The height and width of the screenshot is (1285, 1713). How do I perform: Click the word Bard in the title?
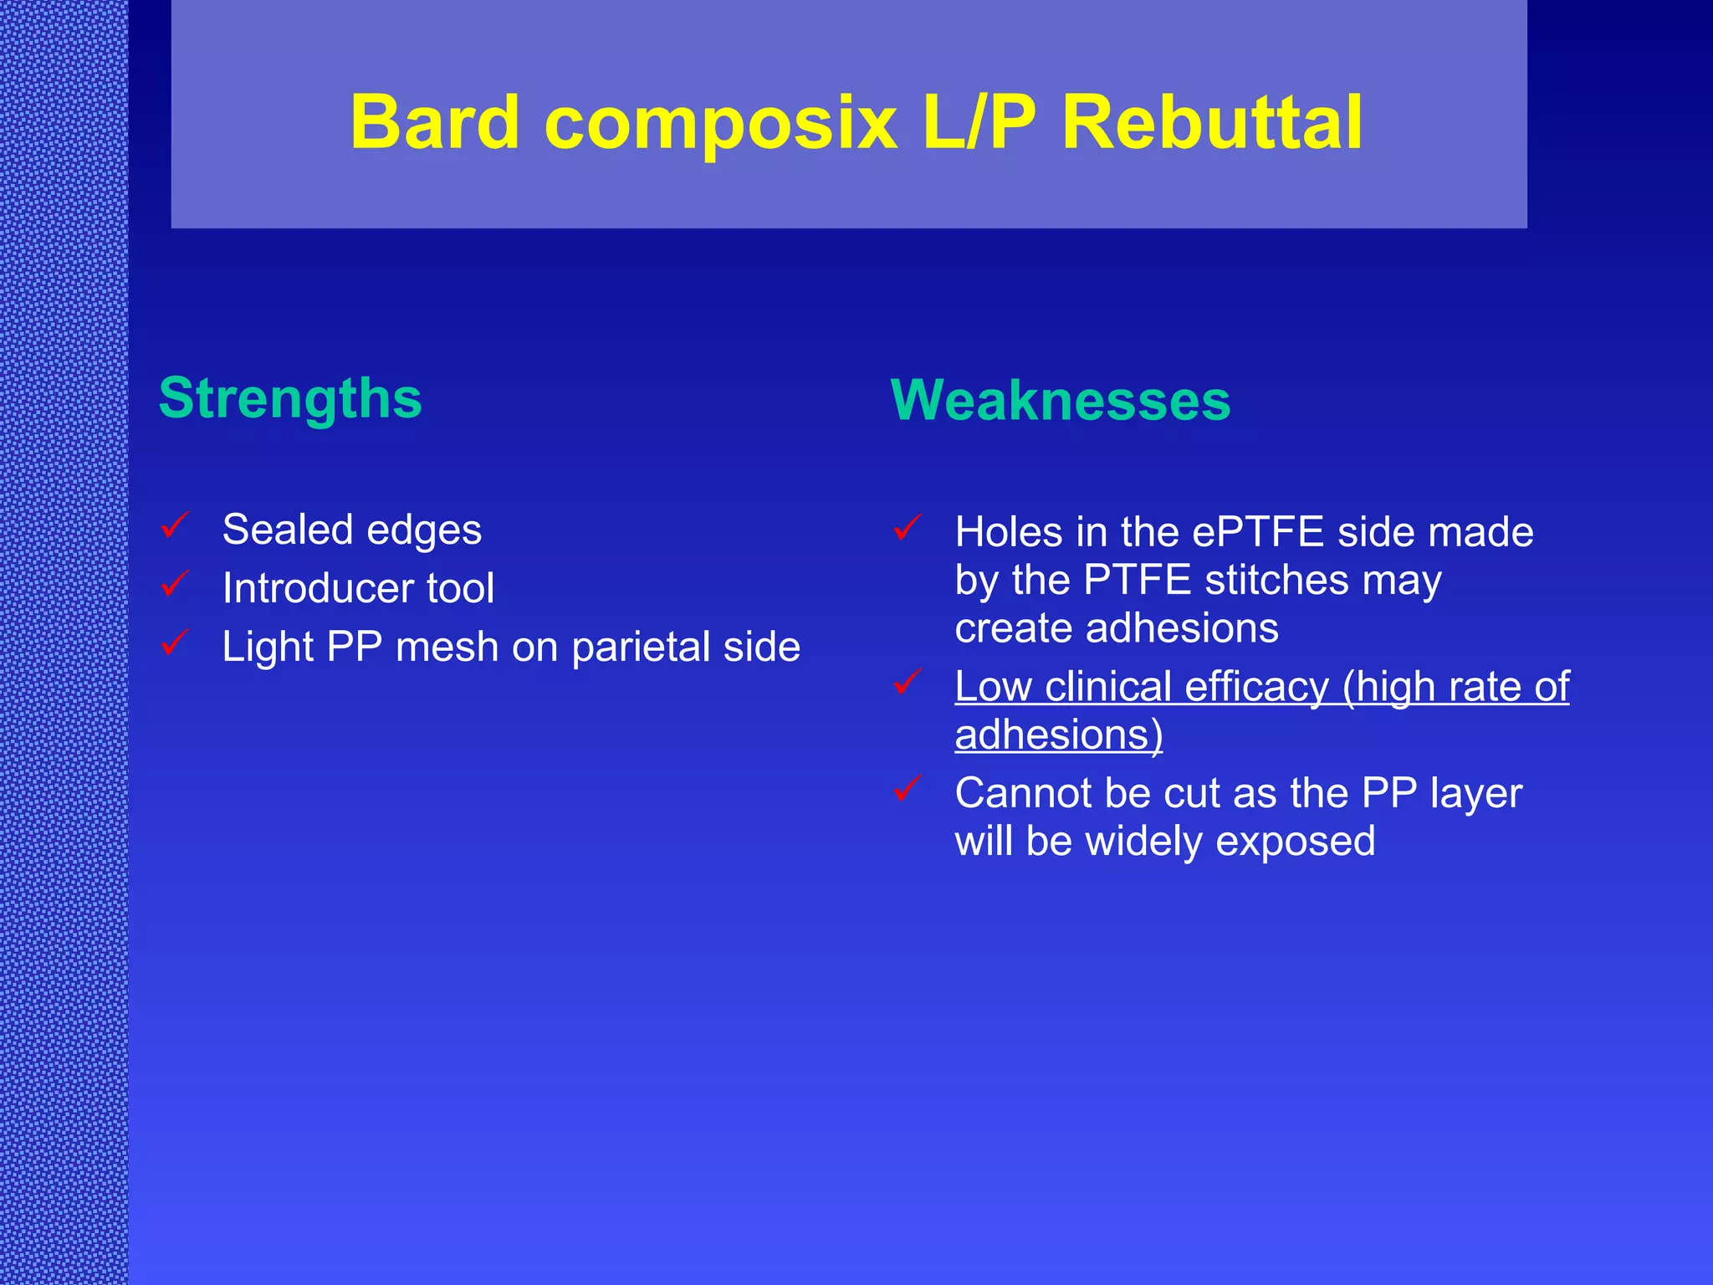pyautogui.click(x=434, y=123)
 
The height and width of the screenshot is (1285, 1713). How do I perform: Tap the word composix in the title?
pyautogui.click(x=720, y=123)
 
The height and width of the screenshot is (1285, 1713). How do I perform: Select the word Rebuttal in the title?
pyautogui.click(x=1212, y=123)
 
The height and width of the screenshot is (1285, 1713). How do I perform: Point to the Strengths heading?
pyautogui.click(x=290, y=398)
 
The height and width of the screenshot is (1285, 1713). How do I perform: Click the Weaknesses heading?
pyautogui.click(x=1060, y=401)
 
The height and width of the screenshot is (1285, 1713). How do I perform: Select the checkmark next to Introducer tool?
pyautogui.click(x=175, y=584)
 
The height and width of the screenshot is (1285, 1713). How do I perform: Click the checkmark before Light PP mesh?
pyautogui.click(x=175, y=642)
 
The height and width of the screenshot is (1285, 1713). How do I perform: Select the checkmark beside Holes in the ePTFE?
pyautogui.click(x=908, y=528)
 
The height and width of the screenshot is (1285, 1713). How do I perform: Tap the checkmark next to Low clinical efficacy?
pyautogui.click(x=908, y=682)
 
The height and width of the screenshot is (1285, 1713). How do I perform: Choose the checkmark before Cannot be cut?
pyautogui.click(x=908, y=788)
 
